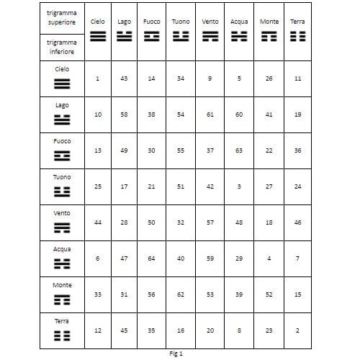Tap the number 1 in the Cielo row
coord(97,78)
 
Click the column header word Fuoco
coord(152,22)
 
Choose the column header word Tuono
coord(181,22)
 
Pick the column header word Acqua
coord(239,22)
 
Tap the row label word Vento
coord(62,213)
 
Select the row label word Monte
coord(62,285)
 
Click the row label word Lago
coord(62,105)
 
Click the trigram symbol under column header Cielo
coord(97,35)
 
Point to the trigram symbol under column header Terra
coord(297,35)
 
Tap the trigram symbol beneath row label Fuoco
coord(62,155)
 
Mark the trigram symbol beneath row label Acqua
coord(62,264)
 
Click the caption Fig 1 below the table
coord(176,354)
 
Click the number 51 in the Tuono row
coord(181,186)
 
